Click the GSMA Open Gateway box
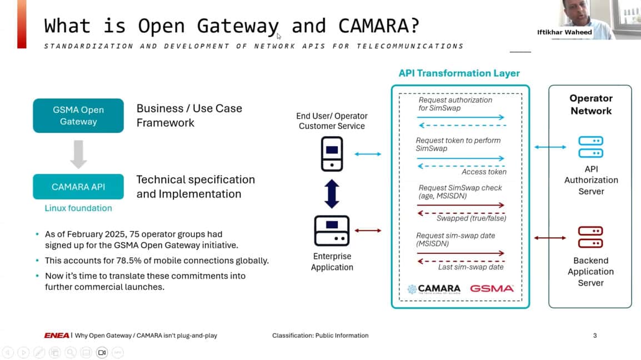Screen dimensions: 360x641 pyautogui.click(x=78, y=116)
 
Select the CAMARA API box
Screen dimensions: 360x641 pyautogui.click(x=78, y=187)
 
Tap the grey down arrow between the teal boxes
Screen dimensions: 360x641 pyautogui.click(x=78, y=154)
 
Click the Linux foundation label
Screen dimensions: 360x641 pyautogui.click(x=78, y=208)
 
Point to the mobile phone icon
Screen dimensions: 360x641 pyautogui.click(x=332, y=153)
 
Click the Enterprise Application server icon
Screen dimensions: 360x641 pyautogui.click(x=332, y=231)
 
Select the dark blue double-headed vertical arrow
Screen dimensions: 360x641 pyautogui.click(x=332, y=193)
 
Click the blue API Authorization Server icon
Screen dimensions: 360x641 pyautogui.click(x=590, y=147)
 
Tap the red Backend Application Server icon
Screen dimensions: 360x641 pyautogui.click(x=590, y=237)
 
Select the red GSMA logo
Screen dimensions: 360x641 pyautogui.click(x=492, y=289)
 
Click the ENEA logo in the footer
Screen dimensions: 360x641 pyautogui.click(x=57, y=336)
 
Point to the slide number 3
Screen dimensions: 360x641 pyautogui.click(x=595, y=336)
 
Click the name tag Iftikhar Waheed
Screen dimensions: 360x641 pyautogui.click(x=564, y=32)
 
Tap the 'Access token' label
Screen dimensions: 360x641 pyautogui.click(x=484, y=172)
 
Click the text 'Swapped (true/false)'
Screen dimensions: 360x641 pyautogui.click(x=471, y=218)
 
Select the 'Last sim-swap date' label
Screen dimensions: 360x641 pyautogui.click(x=471, y=267)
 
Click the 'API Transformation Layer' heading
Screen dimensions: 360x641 pyautogui.click(x=459, y=73)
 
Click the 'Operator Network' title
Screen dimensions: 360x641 pyautogui.click(x=590, y=104)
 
